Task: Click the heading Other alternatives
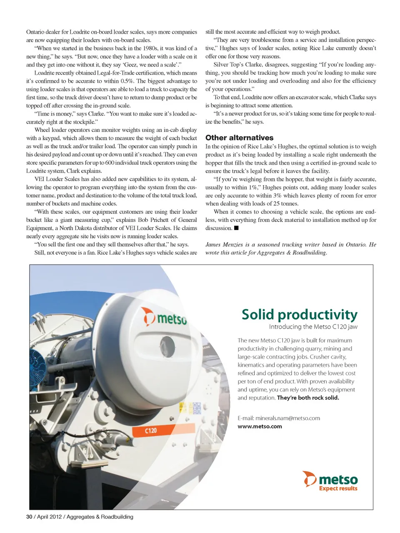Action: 239,138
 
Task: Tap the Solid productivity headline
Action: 299,315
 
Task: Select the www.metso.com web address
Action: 260,426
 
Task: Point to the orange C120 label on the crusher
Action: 150,431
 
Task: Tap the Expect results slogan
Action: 338,488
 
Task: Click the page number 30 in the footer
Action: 29,517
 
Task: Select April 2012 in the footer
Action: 49,517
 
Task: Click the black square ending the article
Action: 236,228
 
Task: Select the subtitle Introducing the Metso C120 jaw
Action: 313,327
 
